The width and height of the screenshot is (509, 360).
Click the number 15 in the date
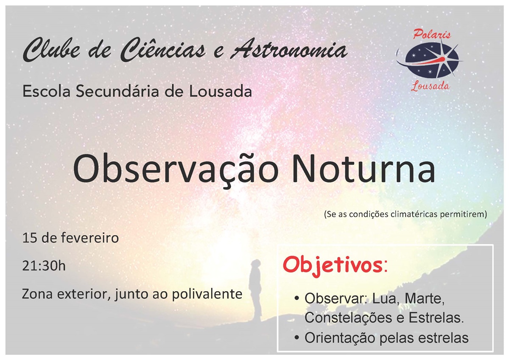coord(28,238)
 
